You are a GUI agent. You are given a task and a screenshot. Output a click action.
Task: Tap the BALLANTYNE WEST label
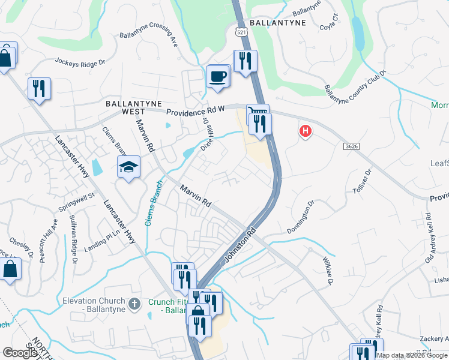pyautogui.click(x=125, y=107)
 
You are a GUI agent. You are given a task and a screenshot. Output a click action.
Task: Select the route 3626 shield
pyautogui.click(x=352, y=146)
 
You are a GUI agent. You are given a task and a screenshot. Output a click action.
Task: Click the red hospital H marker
pyautogui.click(x=306, y=131)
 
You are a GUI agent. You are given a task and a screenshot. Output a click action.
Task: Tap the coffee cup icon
pyautogui.click(x=218, y=76)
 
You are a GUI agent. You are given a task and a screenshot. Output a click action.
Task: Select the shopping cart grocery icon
pyautogui.click(x=257, y=112)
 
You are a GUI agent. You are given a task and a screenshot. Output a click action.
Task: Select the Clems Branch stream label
pyautogui.click(x=152, y=203)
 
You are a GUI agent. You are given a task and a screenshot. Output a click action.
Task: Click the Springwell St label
pyautogui.click(x=77, y=202)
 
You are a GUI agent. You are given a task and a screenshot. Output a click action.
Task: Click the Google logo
pyautogui.click(x=20, y=353)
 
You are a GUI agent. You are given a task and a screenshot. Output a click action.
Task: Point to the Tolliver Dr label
pyautogui.click(x=360, y=180)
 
